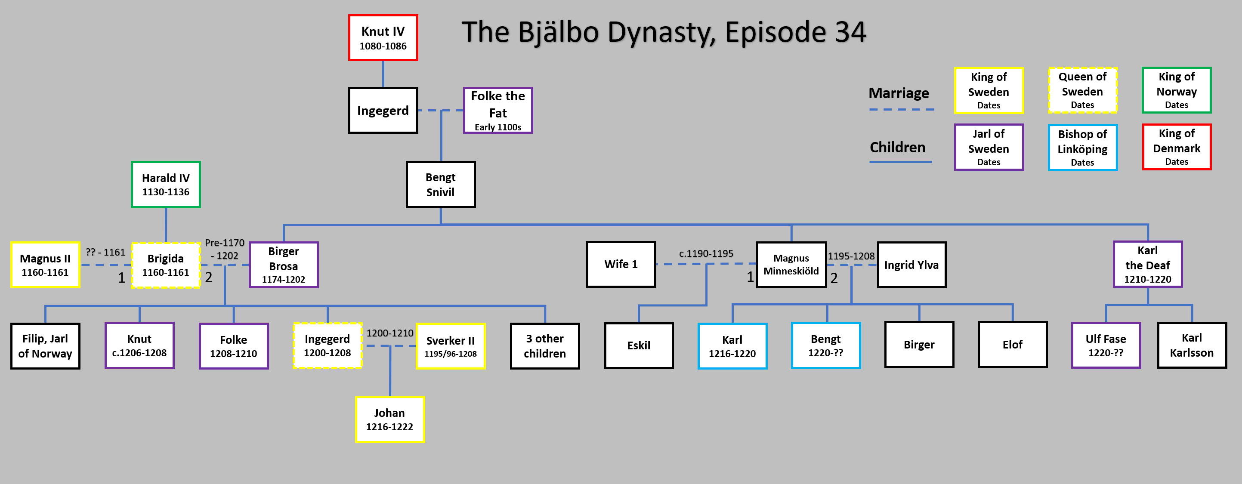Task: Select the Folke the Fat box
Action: [497, 111]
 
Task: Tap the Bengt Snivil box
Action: [440, 185]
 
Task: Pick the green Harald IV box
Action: [165, 185]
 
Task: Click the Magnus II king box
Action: [45, 265]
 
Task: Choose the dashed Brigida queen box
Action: [165, 265]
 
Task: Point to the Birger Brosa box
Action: [284, 265]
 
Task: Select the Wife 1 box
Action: [621, 264]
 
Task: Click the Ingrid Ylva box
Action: [911, 265]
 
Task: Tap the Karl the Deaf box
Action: [1147, 264]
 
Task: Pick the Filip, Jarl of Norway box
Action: [45, 345]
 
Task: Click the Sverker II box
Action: [450, 345]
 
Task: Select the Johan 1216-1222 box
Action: [389, 419]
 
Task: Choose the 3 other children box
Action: [545, 345]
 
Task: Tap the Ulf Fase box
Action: [1106, 345]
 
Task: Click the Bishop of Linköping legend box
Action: [1082, 148]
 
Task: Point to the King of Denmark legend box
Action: [1177, 147]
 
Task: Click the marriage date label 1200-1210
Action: [389, 333]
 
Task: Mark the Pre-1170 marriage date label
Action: [225, 243]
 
